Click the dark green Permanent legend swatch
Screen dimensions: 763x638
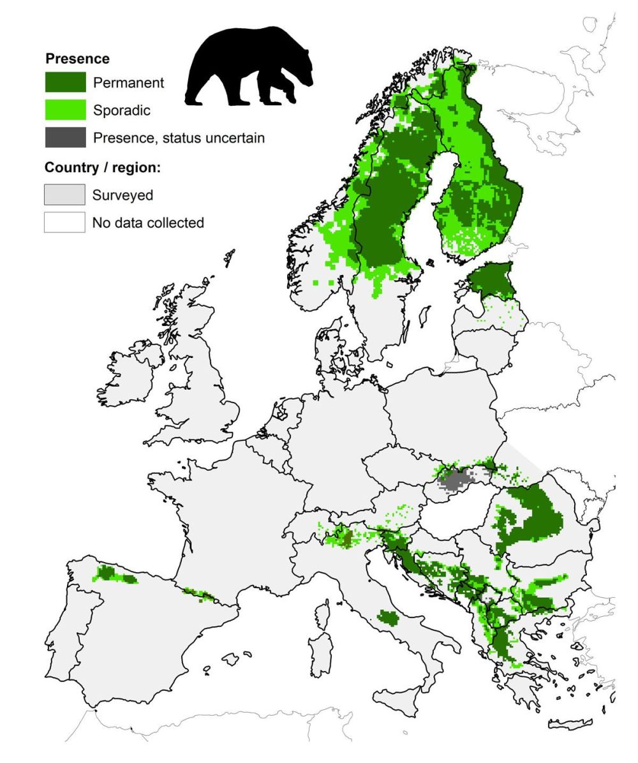pos(65,82)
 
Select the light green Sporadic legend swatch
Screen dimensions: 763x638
pos(65,110)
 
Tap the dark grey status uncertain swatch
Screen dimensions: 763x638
pos(65,137)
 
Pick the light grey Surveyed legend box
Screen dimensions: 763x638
pos(64,195)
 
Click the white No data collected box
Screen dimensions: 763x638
pos(64,223)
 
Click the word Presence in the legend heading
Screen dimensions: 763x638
pos(77,59)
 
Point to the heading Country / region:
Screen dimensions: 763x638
pos(102,168)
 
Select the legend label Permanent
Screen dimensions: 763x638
pos(128,83)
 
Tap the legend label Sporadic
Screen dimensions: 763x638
pos(121,110)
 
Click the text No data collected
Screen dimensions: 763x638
pos(148,223)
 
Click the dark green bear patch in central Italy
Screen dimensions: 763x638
pos(387,617)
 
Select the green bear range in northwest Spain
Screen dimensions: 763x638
pos(114,574)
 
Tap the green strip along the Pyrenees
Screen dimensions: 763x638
pos(201,595)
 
